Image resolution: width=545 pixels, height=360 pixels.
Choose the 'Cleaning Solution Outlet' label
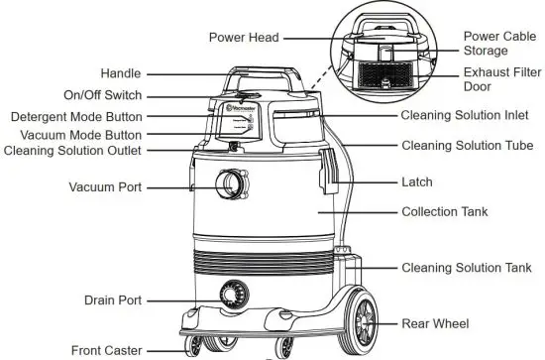(x=72, y=151)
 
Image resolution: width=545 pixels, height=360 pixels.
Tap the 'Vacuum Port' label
(x=105, y=186)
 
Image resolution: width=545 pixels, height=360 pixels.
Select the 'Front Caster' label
(x=106, y=349)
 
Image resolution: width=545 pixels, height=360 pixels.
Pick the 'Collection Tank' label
(x=446, y=212)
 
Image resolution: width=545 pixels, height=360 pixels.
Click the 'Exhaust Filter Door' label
(x=500, y=79)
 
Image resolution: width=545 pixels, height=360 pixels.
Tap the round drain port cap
(x=232, y=297)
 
